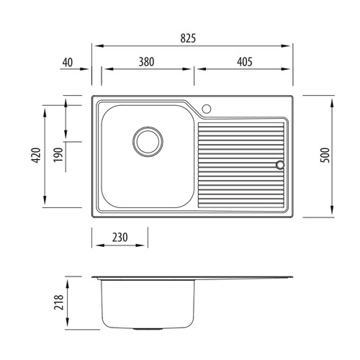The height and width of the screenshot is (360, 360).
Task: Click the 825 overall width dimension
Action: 188,38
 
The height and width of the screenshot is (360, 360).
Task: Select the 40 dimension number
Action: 68,63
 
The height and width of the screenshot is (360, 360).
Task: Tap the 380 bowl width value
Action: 146,62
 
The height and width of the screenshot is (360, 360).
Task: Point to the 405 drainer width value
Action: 245,62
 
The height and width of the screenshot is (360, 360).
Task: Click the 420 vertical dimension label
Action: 37,156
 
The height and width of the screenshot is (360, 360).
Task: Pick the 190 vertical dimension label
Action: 58,155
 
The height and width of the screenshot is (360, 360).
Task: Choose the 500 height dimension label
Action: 325,156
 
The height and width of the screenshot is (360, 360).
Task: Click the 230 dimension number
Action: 120,238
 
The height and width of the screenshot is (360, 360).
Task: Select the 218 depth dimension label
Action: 59,302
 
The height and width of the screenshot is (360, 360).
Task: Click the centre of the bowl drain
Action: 148,142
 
